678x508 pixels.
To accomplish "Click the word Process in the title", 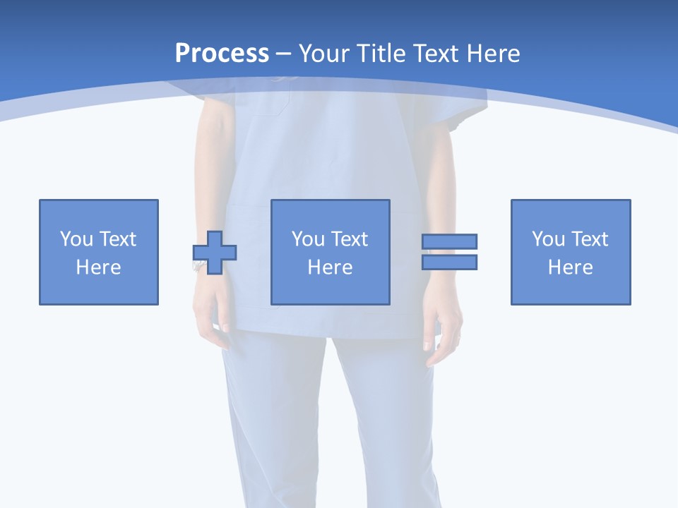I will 222,54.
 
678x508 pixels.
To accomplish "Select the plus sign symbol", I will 215,252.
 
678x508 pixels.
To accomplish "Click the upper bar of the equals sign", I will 450,241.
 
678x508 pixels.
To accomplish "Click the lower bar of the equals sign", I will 450,262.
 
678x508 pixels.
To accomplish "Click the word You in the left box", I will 76,239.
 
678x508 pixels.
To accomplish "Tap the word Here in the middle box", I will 331,267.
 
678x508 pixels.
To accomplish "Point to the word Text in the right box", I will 590,239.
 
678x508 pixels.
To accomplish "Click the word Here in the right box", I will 571,267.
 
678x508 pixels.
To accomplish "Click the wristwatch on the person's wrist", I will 198,265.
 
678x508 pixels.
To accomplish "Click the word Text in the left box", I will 118,239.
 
